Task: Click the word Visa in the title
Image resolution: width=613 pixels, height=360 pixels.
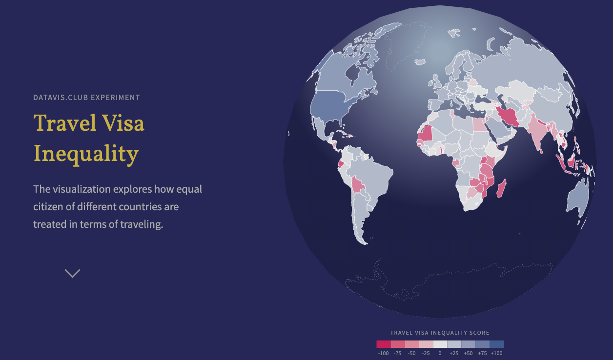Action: click(x=122, y=123)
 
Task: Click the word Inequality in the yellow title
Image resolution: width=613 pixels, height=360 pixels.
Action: click(x=86, y=154)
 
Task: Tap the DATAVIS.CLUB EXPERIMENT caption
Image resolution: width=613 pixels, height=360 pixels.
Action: click(x=86, y=98)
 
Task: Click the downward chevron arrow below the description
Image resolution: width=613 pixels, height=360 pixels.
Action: click(x=72, y=274)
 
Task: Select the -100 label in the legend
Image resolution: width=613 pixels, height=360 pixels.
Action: click(x=383, y=353)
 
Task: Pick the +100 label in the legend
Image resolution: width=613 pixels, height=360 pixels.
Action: click(x=496, y=353)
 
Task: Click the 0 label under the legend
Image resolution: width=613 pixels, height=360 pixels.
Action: click(x=440, y=353)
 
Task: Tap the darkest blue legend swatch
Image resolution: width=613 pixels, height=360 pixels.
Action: click(x=496, y=344)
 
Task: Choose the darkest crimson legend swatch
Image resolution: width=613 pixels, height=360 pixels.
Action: click(x=384, y=344)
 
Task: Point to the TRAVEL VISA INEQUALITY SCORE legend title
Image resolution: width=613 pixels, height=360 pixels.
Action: click(x=440, y=333)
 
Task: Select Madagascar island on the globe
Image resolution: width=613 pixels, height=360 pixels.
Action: click(x=501, y=188)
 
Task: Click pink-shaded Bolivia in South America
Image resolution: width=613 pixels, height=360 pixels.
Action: click(x=358, y=185)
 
